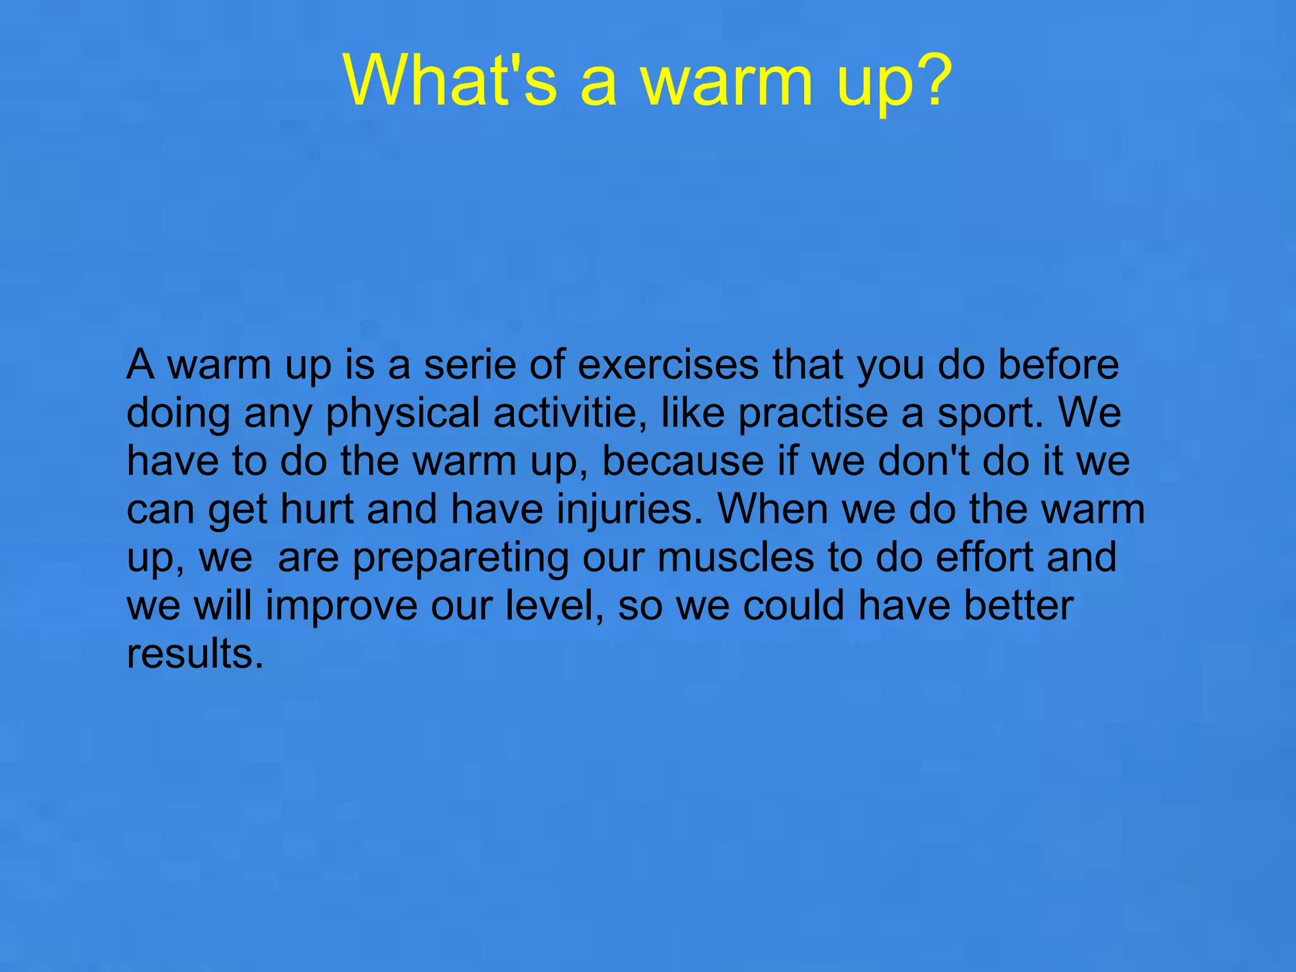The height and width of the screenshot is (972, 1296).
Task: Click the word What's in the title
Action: (450, 80)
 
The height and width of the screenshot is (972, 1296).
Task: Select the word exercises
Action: (668, 365)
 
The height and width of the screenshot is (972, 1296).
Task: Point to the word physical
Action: (402, 414)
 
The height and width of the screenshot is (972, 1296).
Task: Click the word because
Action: (683, 461)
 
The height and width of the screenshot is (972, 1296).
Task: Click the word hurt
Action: (317, 509)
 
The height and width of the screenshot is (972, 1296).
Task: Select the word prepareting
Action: (460, 559)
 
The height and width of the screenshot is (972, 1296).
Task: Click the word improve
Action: (341, 607)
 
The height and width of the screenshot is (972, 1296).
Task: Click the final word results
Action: (194, 654)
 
